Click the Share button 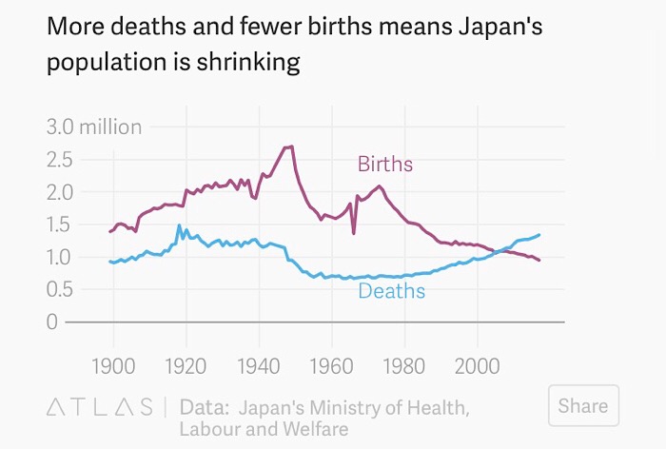click(x=583, y=406)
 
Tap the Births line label click(x=385, y=165)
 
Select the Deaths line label click(x=391, y=291)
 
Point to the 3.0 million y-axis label click(x=93, y=127)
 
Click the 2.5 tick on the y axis click(x=60, y=159)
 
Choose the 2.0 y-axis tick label click(x=60, y=191)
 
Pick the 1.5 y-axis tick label click(x=60, y=224)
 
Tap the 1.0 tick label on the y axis click(x=60, y=257)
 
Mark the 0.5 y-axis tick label click(x=60, y=289)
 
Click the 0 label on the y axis click(x=52, y=322)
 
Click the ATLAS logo click(x=99, y=407)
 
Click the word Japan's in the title click(x=497, y=27)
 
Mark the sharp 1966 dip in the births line click(x=354, y=232)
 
